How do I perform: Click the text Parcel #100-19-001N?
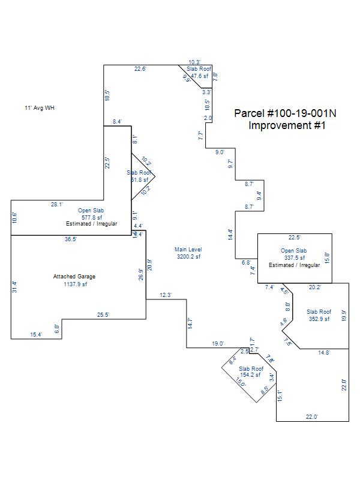[285, 113]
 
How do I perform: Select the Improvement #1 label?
[287, 125]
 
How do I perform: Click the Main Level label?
[188, 250]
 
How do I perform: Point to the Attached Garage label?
[74, 277]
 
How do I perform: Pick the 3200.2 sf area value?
[188, 257]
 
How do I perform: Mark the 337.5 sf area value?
[294, 257]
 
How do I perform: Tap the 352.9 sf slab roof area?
[319, 319]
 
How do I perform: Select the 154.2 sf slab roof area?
[251, 375]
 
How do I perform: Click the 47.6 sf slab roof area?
[197, 76]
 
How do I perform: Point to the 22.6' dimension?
[140, 69]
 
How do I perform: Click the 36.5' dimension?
[71, 239]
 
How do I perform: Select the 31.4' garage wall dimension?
[15, 287]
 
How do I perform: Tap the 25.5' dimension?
[103, 314]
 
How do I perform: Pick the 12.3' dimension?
[166, 295]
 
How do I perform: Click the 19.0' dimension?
[217, 344]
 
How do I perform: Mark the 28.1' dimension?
[56, 205]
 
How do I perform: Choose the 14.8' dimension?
[324, 353]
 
